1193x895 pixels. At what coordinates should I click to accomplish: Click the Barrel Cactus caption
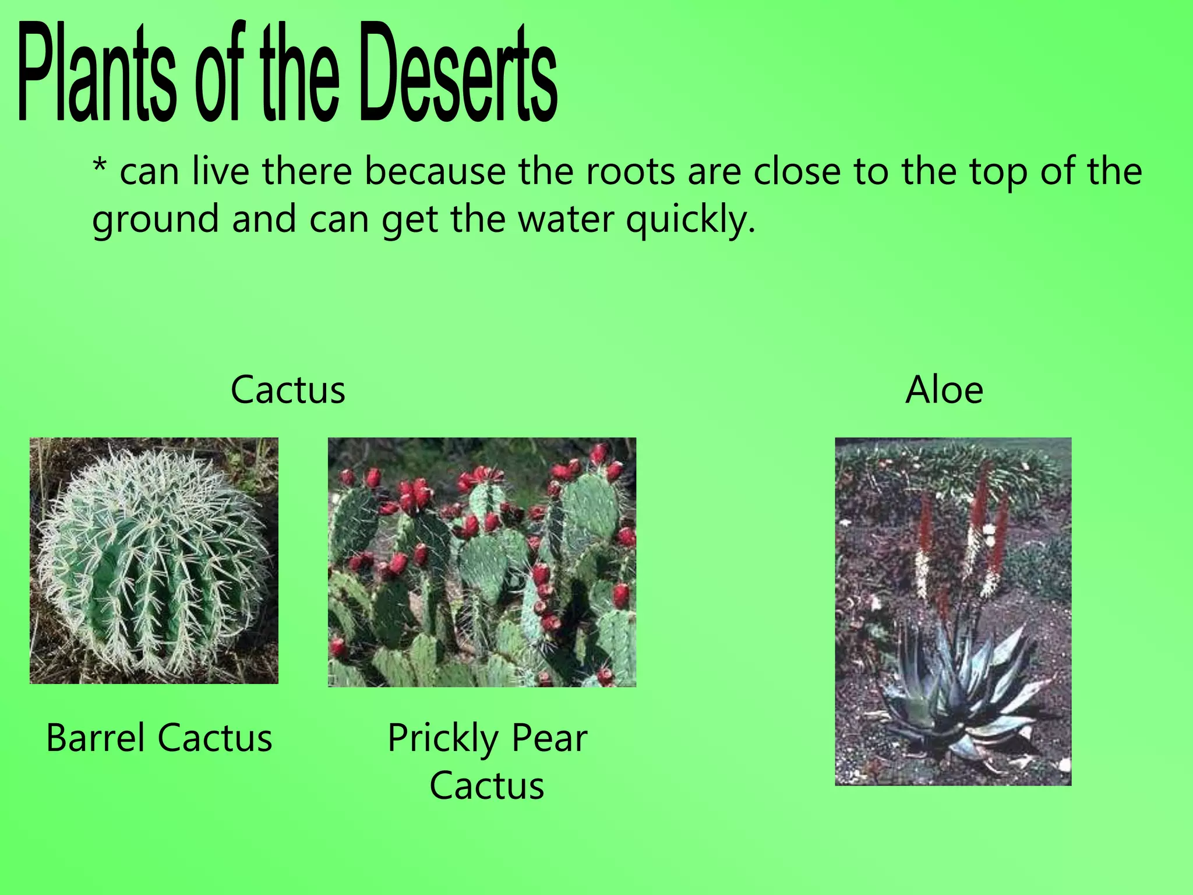tap(159, 738)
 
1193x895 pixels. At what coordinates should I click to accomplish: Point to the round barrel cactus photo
tap(154, 561)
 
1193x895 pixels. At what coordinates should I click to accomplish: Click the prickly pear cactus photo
tap(482, 562)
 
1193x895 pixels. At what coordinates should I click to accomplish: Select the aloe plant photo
tap(953, 611)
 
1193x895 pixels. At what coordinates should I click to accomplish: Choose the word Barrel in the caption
tap(96, 738)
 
